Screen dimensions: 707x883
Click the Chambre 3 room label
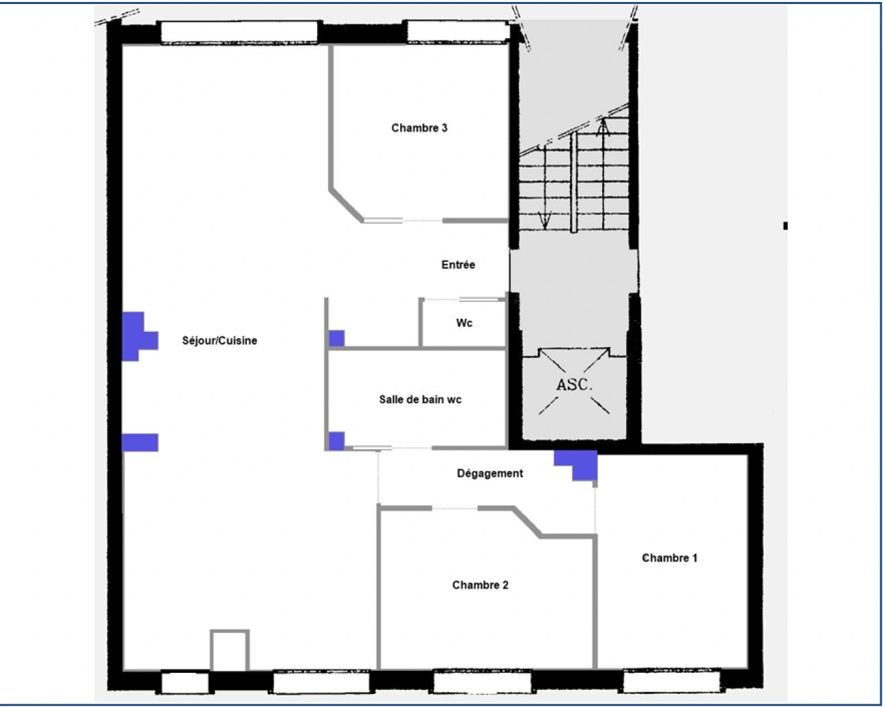click(x=419, y=128)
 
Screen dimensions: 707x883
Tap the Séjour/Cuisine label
click(x=219, y=340)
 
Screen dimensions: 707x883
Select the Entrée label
click(x=458, y=264)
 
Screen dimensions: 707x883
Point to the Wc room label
click(x=464, y=323)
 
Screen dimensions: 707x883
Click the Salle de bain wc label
click(x=420, y=399)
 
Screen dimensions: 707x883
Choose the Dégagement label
click(x=489, y=473)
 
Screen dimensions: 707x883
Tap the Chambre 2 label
click(x=480, y=585)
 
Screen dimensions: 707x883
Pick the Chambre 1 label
click(x=669, y=558)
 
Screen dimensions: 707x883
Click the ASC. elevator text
click(x=574, y=385)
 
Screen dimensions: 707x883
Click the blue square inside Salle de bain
click(x=336, y=441)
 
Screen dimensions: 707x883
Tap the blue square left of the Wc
click(x=336, y=338)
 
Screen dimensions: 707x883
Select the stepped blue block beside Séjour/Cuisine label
click(x=138, y=336)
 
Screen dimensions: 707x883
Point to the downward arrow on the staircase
click(x=544, y=220)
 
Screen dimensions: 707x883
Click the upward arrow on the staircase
click(x=603, y=128)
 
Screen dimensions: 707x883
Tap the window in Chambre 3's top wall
click(x=457, y=31)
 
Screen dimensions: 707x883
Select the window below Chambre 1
click(x=671, y=681)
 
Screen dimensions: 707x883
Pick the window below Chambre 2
click(x=483, y=681)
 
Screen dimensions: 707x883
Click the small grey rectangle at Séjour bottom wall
click(x=229, y=651)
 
